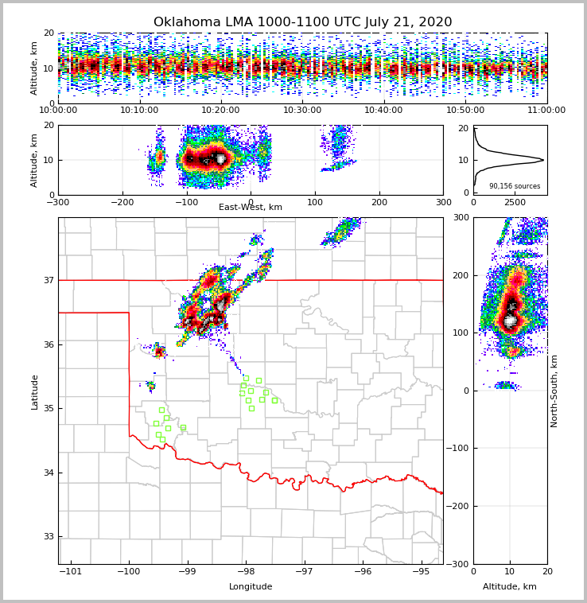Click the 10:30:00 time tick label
pyautogui.click(x=302, y=111)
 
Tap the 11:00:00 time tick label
pyautogui.click(x=546, y=111)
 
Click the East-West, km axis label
pyautogui.click(x=251, y=208)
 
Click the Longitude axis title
pyautogui.click(x=251, y=587)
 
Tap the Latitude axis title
pyautogui.click(x=35, y=391)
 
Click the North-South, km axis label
pyautogui.click(x=555, y=391)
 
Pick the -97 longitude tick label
pyautogui.click(x=304, y=572)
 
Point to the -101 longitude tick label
pyautogui.click(x=71, y=572)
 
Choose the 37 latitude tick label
pyautogui.click(x=49, y=280)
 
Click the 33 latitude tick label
pyautogui.click(x=49, y=537)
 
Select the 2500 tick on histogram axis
pyautogui.click(x=515, y=203)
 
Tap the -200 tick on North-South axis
pyautogui.click(x=460, y=506)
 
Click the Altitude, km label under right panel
pyautogui.click(x=510, y=587)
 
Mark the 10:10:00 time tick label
pyautogui.click(x=139, y=111)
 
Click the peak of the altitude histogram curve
pyautogui.click(x=543, y=160)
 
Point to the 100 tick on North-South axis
pyautogui.click(x=461, y=333)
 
